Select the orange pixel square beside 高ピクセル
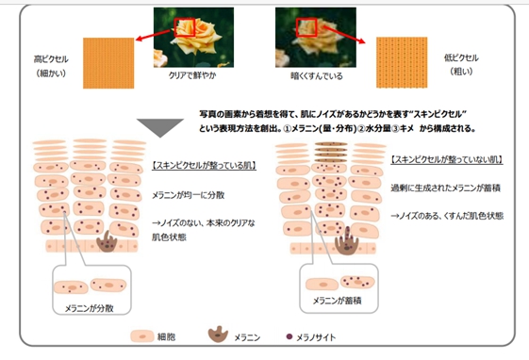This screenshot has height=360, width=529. [x=107, y=59]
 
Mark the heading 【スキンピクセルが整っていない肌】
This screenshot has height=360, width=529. [x=446, y=160]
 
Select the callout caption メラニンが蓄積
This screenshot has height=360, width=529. [x=344, y=303]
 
